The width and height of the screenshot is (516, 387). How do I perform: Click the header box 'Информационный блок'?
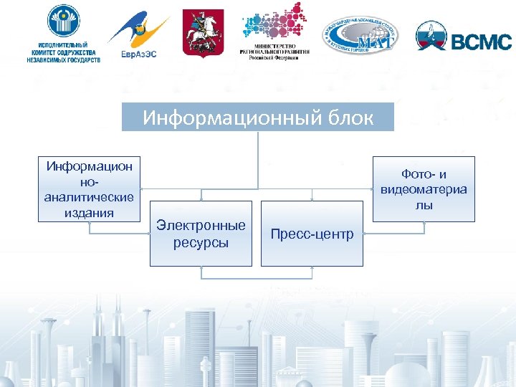pyautogui.click(x=258, y=118)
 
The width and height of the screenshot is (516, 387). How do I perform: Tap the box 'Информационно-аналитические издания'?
pyautogui.click(x=89, y=189)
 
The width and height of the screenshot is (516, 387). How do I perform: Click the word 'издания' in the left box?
pyautogui.click(x=89, y=213)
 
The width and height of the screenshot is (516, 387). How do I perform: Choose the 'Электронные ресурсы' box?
pyautogui.click(x=201, y=234)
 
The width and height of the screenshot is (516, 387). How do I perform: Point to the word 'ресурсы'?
pyautogui.click(x=201, y=243)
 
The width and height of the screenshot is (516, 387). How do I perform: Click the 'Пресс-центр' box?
pyautogui.click(x=312, y=234)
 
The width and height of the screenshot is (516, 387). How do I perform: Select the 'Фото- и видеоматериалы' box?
pyautogui.click(x=424, y=189)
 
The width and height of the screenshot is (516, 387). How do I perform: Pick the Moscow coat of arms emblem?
pyautogui.click(x=203, y=34)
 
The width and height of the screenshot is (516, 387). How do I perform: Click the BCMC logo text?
pyautogui.click(x=482, y=41)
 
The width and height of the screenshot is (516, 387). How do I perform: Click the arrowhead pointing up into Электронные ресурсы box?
pyautogui.click(x=201, y=269)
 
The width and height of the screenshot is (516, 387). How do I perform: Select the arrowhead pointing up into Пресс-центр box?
pyautogui.click(x=312, y=269)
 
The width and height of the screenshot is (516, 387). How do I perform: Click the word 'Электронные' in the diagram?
pyautogui.click(x=201, y=226)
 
